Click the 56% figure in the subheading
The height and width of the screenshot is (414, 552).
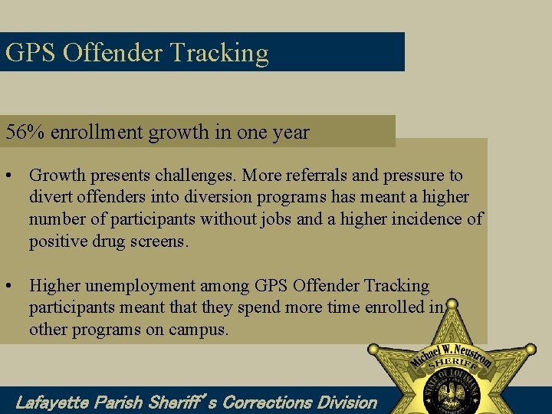coord(25,132)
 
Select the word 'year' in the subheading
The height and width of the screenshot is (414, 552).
coord(291,132)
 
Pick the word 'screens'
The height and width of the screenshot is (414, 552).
coord(168,242)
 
